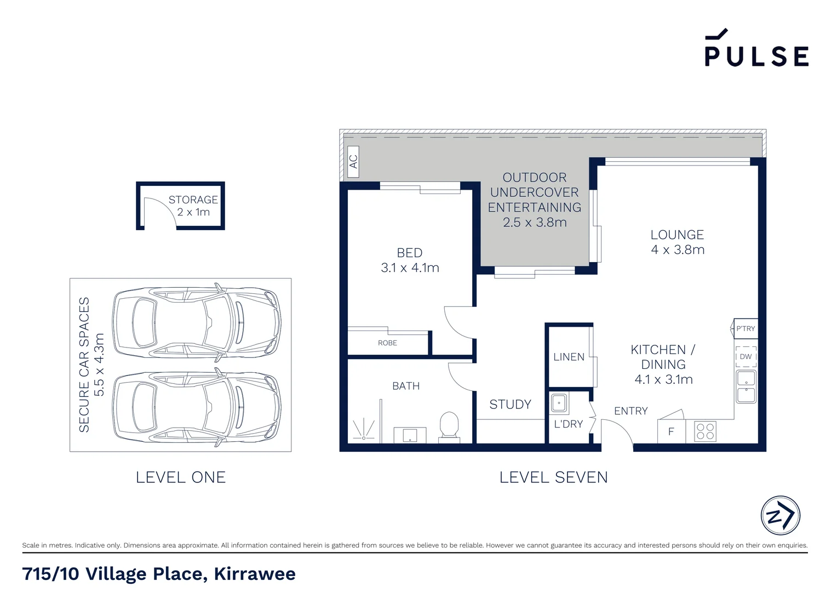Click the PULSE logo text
[756, 55]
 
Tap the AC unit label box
[353, 162]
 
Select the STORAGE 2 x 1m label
[193, 206]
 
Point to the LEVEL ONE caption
[181, 477]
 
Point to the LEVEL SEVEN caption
[553, 477]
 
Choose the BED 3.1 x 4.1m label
[410, 260]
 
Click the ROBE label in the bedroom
[387, 343]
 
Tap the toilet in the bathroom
[449, 425]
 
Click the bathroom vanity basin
[410, 436]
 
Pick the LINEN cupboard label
[569, 357]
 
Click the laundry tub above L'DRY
[559, 403]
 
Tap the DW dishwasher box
[746, 357]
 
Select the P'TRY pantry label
[745, 329]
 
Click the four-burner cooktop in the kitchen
[705, 431]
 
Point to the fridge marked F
[671, 432]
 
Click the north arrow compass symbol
[780, 516]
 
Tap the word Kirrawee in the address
[255, 574]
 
